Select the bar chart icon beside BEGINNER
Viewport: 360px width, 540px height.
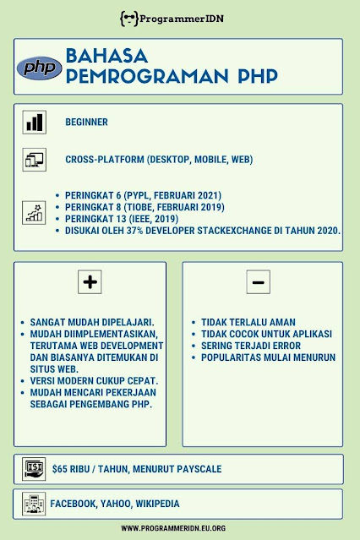[x=35, y=122]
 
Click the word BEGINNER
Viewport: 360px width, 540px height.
[x=86, y=122]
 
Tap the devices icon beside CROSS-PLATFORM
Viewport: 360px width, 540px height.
[x=35, y=159]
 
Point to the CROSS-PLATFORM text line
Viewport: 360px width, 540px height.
[x=158, y=159]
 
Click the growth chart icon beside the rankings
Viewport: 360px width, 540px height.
[x=35, y=212]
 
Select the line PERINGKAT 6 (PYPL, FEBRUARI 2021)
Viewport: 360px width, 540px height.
[x=143, y=196]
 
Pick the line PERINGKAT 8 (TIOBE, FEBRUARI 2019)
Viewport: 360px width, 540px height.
[x=145, y=207]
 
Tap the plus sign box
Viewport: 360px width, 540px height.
[x=90, y=282]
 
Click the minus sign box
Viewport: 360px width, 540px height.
[x=258, y=282]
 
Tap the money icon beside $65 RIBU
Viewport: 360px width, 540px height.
[x=35, y=468]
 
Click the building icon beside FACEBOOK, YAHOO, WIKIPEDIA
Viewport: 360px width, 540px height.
[x=35, y=503]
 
